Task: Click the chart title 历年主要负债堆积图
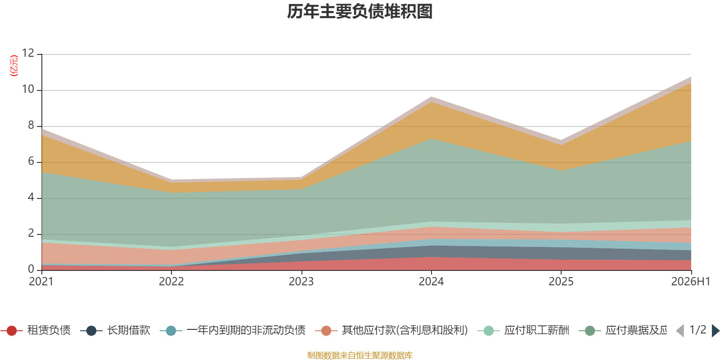[x=360, y=12]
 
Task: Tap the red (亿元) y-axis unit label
[x=14, y=66]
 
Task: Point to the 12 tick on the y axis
[x=28, y=53]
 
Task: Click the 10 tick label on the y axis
[x=28, y=89]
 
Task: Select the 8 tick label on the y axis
[x=31, y=125]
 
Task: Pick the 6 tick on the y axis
[x=31, y=161]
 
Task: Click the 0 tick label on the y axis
[x=31, y=269]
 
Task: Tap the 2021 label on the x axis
[x=41, y=282]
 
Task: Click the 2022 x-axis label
[x=171, y=282]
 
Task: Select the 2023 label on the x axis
[x=301, y=282]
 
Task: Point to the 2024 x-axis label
[x=431, y=282]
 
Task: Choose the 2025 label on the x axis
[x=561, y=282]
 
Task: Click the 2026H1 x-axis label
[x=690, y=282]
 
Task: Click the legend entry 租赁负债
[x=36, y=330]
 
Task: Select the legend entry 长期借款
[x=115, y=330]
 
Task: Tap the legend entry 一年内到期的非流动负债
[x=233, y=330]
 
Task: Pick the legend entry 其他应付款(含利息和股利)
[x=391, y=330]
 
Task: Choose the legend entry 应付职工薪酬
[x=524, y=330]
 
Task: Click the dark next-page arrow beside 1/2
[x=715, y=331]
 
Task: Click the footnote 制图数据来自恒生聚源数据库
[x=360, y=355]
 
